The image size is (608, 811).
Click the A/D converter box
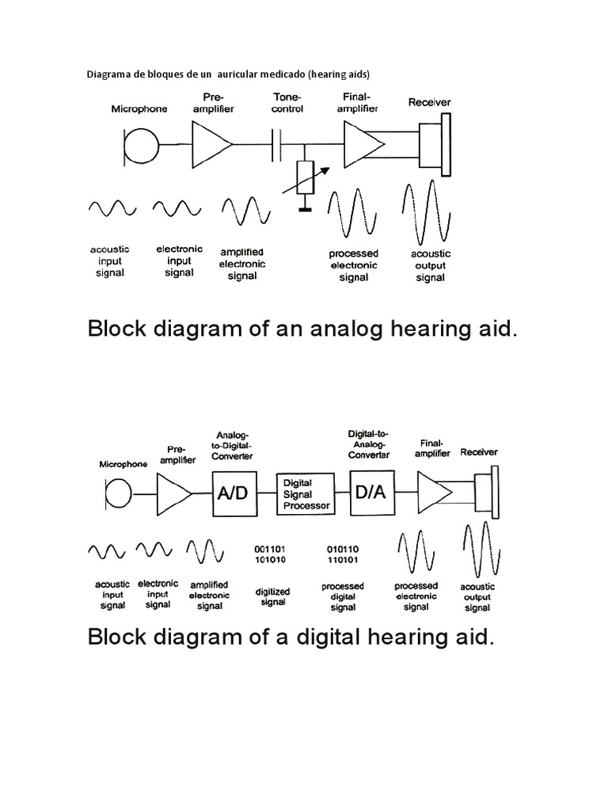click(233, 493)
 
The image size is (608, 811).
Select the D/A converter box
click(371, 493)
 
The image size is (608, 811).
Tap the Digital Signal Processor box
click(302, 493)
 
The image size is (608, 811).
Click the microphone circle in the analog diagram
click(141, 145)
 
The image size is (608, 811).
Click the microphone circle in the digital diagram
click(117, 493)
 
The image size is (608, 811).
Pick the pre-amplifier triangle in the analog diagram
click(210, 145)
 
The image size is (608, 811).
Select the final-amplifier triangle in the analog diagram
click(363, 145)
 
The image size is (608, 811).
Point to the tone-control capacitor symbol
click(277, 145)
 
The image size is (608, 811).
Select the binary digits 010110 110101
click(344, 554)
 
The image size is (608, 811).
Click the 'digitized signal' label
click(272, 596)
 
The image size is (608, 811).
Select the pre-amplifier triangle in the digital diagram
click(174, 493)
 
